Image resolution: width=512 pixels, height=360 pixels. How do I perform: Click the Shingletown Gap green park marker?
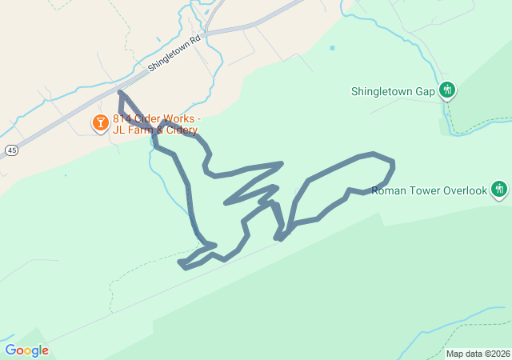448,90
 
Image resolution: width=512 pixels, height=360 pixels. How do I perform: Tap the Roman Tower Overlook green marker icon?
499,190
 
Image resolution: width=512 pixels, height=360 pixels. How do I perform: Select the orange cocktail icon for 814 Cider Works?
100,123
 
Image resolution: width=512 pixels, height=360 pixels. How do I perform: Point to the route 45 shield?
10,150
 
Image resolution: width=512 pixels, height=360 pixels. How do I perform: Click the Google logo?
26,350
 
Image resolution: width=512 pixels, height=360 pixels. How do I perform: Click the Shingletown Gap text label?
393,91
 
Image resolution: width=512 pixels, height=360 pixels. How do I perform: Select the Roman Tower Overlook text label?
430,190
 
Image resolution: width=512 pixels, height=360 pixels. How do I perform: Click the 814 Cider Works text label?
157,119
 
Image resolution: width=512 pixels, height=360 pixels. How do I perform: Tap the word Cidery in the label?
179,130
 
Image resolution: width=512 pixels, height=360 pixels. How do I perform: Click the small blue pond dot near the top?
332,48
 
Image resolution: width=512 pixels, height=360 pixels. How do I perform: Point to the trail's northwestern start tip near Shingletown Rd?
120,93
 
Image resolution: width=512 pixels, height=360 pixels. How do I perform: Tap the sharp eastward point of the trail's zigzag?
282,163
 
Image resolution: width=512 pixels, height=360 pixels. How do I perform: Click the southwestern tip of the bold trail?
180,262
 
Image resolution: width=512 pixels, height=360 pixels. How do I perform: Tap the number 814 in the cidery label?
122,119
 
